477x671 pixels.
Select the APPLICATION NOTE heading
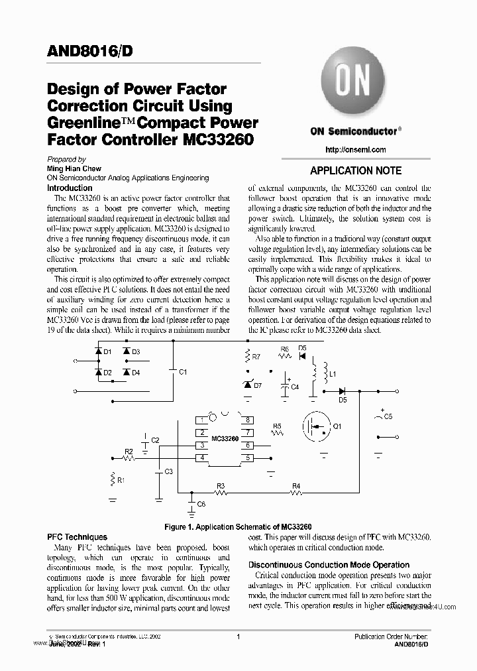356,170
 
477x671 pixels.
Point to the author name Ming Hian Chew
73,168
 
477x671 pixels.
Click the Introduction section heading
70,188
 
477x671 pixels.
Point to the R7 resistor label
256,357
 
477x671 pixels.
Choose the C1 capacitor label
184,372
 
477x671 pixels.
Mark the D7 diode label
258,385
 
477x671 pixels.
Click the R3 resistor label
221,486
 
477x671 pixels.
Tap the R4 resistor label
296,486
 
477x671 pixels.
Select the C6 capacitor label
201,505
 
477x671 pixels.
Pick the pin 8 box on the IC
246,420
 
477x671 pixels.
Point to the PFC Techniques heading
77,537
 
